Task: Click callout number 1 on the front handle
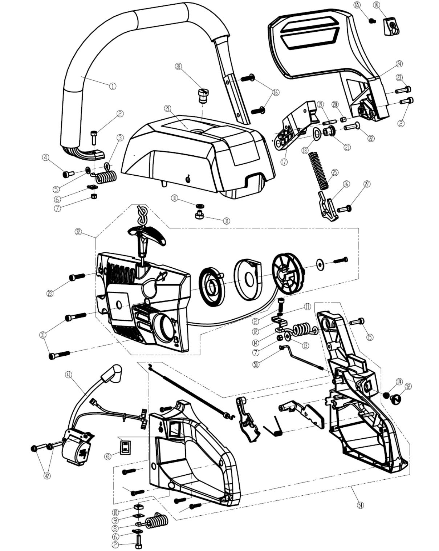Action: point(113,86)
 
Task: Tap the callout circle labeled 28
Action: point(178,66)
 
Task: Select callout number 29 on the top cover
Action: point(167,108)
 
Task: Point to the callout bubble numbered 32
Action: point(78,231)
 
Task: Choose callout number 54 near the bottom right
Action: point(360,505)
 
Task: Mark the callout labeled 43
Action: point(108,456)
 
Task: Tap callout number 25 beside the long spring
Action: point(334,172)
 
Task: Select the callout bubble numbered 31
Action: point(227,221)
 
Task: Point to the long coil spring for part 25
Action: point(319,169)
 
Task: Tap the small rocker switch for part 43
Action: point(125,447)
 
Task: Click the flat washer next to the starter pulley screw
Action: point(320,263)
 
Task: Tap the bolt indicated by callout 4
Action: point(68,175)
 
